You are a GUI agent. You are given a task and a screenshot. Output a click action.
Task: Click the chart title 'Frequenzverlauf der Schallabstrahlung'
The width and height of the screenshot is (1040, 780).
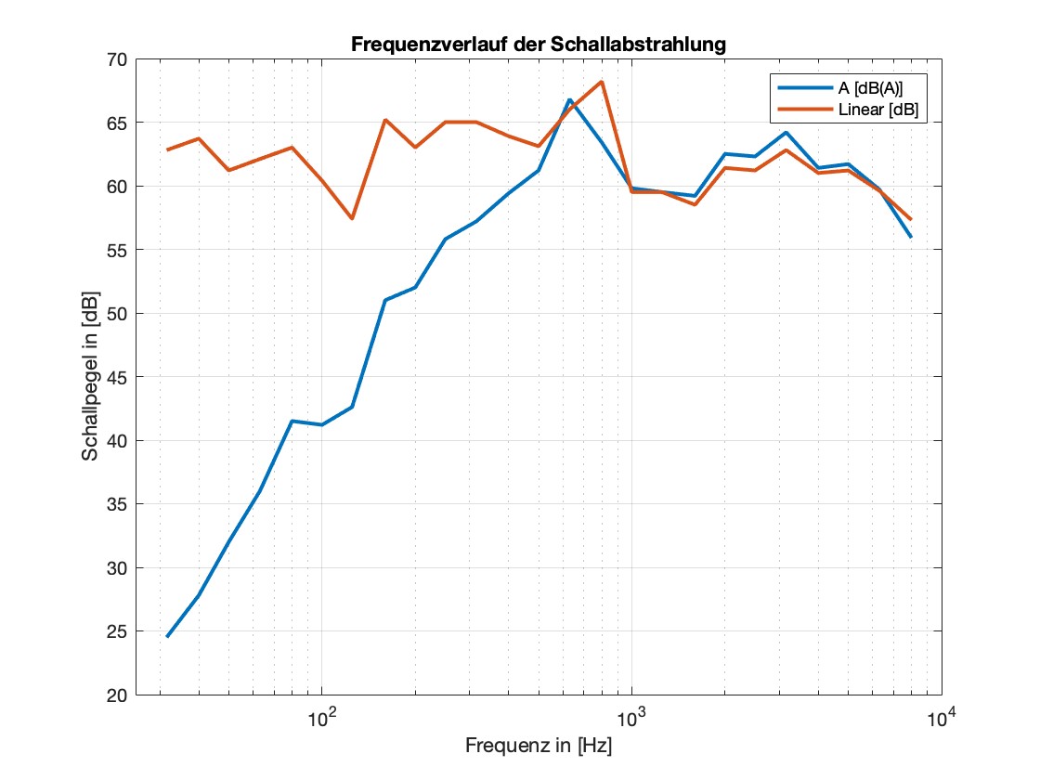pyautogui.click(x=539, y=44)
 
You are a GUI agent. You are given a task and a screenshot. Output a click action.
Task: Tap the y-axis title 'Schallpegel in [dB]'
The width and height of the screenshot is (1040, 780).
pyautogui.click(x=90, y=376)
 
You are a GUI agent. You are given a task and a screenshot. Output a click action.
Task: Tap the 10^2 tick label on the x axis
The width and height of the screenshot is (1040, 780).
pyautogui.click(x=320, y=718)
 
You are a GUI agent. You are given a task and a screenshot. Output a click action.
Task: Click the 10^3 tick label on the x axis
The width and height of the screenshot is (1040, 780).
pyautogui.click(x=630, y=718)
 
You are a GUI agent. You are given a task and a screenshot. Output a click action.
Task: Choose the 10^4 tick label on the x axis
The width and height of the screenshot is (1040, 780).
pyautogui.click(x=940, y=718)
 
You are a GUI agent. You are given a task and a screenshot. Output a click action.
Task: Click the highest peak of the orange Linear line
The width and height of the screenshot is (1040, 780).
pyautogui.click(x=602, y=82)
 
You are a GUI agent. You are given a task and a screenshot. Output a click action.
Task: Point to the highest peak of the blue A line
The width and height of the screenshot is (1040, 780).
pyautogui.click(x=570, y=99)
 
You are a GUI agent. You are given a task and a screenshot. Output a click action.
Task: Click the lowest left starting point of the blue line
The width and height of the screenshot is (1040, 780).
pyautogui.click(x=167, y=636)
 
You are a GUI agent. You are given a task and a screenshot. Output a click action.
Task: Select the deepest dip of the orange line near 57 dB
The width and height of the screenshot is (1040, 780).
pyautogui.click(x=352, y=218)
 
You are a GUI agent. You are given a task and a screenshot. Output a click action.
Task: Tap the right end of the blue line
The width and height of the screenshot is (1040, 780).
pyautogui.click(x=911, y=237)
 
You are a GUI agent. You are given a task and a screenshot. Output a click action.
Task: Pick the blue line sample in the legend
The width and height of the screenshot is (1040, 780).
pyautogui.click(x=796, y=87)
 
